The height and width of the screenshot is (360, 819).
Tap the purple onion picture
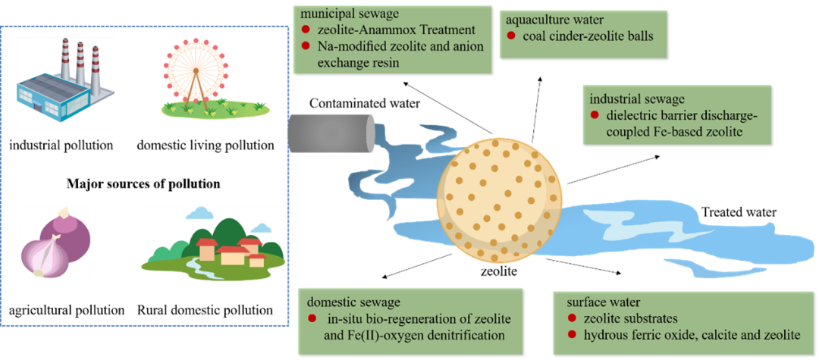tap(55, 242)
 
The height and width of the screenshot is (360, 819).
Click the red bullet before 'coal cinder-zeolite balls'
tap(511, 35)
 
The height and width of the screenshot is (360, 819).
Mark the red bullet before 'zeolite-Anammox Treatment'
tap(306, 30)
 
